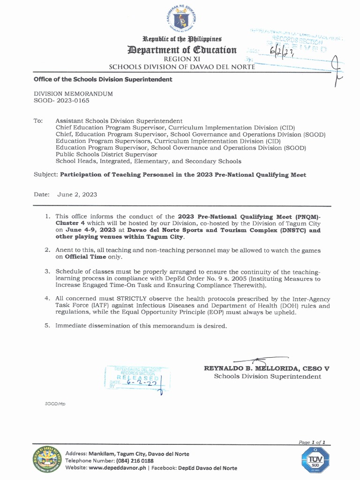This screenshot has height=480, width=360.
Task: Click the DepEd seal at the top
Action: [180, 20]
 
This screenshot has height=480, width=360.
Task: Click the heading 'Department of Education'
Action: [180, 50]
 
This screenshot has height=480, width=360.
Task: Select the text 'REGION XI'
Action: [180, 59]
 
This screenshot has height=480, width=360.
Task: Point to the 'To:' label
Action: [38, 121]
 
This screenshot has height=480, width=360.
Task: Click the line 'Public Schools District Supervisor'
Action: [106, 154]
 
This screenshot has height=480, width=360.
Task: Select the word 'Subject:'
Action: [45, 175]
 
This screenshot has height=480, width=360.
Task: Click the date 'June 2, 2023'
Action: [77, 195]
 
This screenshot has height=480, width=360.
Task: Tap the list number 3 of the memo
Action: [47, 271]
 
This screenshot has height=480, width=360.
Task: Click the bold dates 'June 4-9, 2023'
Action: [85, 230]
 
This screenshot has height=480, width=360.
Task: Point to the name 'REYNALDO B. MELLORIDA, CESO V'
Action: [267, 368]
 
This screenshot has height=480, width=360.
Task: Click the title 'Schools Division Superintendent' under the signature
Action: [268, 376]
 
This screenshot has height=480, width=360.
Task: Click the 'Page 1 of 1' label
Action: [311, 442]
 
